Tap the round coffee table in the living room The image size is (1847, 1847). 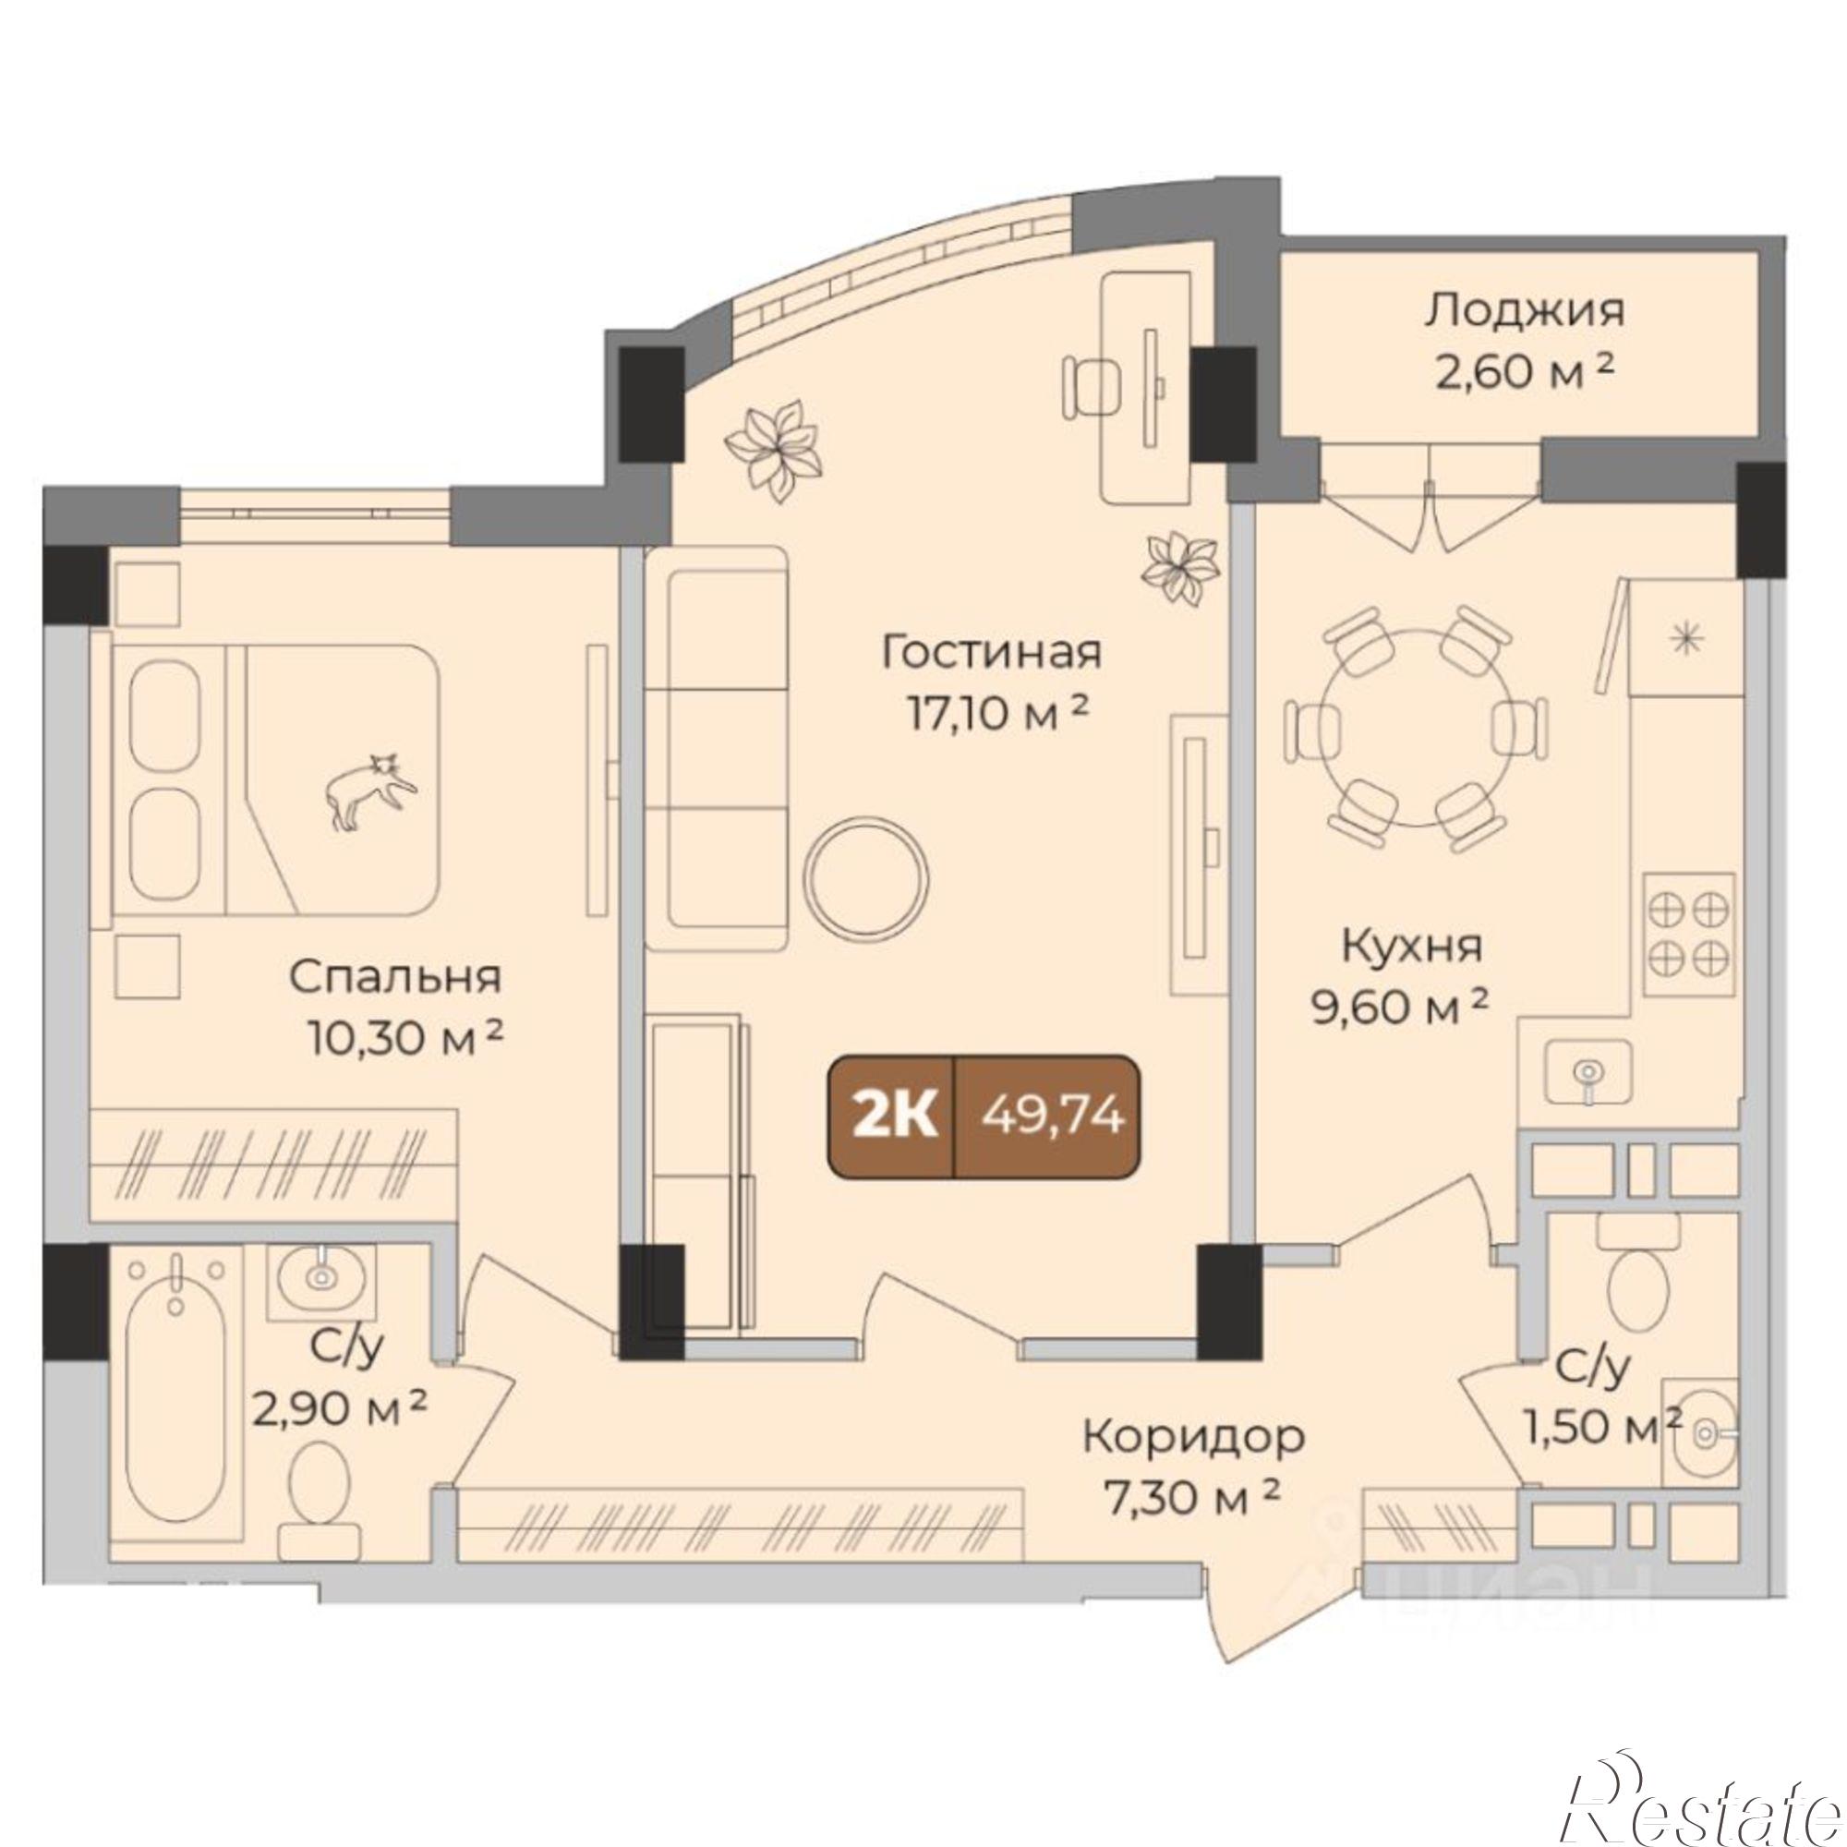(865, 871)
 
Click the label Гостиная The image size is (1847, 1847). (991, 653)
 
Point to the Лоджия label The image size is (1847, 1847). (1524, 314)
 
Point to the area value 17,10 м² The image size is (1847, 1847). (999, 713)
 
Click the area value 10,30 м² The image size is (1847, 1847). (405, 1038)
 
